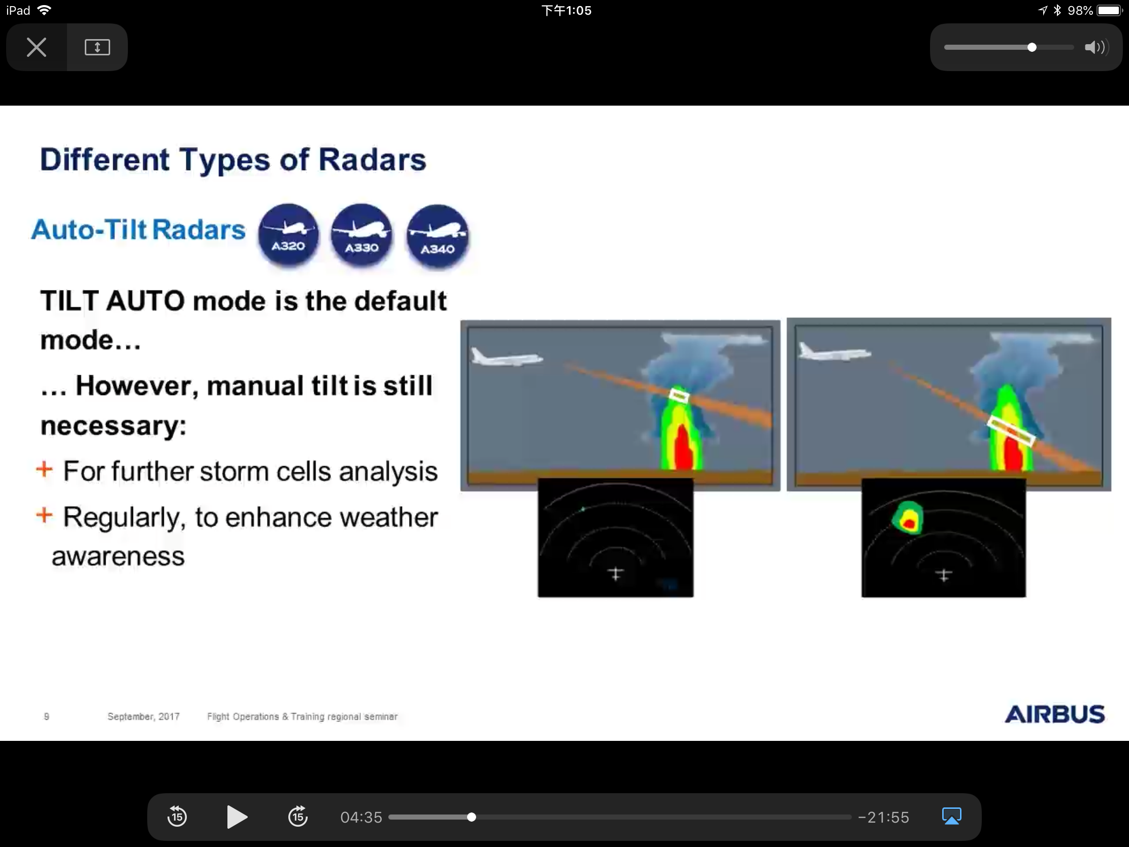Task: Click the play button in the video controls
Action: [237, 817]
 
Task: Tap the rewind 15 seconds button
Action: [177, 817]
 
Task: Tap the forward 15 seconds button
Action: [298, 817]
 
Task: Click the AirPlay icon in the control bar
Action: [951, 816]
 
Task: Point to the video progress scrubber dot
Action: [472, 818]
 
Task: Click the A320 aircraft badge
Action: [288, 234]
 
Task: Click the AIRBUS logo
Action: [1054, 714]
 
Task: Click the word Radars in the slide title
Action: [372, 160]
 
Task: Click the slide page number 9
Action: [46, 717]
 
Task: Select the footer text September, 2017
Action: [144, 717]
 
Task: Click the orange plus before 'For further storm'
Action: [44, 469]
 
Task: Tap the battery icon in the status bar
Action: [1109, 10]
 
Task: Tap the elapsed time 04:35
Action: [361, 818]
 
